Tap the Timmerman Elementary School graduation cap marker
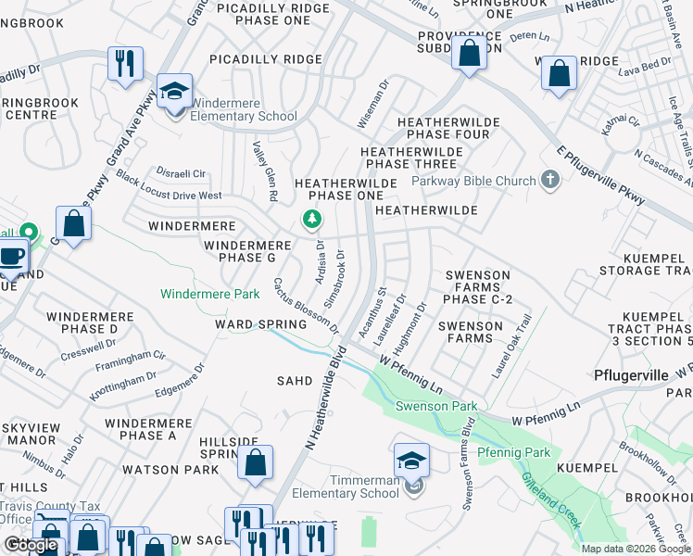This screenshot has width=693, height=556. pyautogui.click(x=411, y=460)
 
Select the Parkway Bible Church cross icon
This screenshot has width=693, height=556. pyautogui.click(x=550, y=180)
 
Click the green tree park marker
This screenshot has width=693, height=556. pyautogui.click(x=313, y=220)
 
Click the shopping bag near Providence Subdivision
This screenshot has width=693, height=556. pyautogui.click(x=470, y=53)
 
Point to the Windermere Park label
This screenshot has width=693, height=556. pyautogui.click(x=209, y=295)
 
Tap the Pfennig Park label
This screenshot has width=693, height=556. pyautogui.click(x=514, y=452)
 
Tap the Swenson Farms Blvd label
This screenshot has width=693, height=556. pyautogui.click(x=470, y=463)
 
